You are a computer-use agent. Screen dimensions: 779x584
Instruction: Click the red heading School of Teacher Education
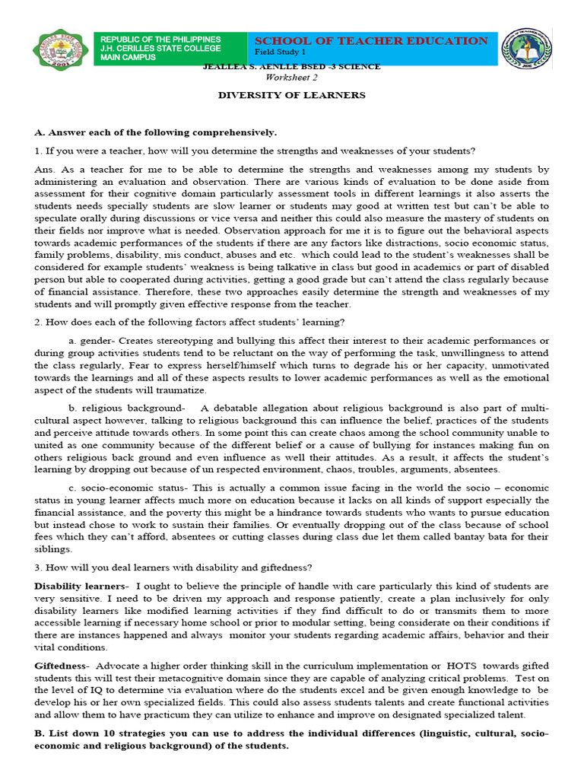371,41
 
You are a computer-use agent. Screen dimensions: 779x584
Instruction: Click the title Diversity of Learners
292,95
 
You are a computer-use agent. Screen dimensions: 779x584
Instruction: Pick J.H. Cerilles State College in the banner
161,49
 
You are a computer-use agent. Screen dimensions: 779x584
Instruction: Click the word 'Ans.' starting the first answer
46,169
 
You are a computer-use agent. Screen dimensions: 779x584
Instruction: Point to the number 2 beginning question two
37,323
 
